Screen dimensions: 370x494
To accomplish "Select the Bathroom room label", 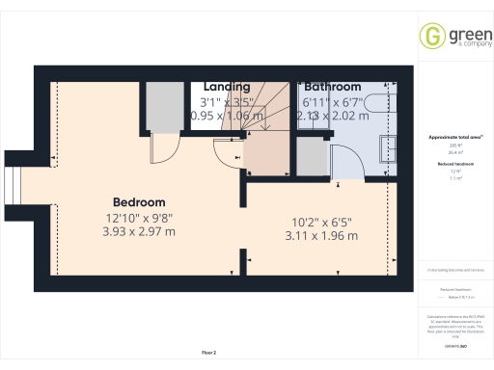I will [332, 87].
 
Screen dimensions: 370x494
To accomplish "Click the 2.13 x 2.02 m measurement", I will [332, 115].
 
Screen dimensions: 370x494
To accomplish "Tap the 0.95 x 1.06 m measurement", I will [225, 115].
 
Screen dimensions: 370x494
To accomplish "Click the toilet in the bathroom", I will [383, 104].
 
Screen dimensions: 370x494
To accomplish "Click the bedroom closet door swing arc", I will [166, 149].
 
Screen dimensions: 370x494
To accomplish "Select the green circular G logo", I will [431, 37].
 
